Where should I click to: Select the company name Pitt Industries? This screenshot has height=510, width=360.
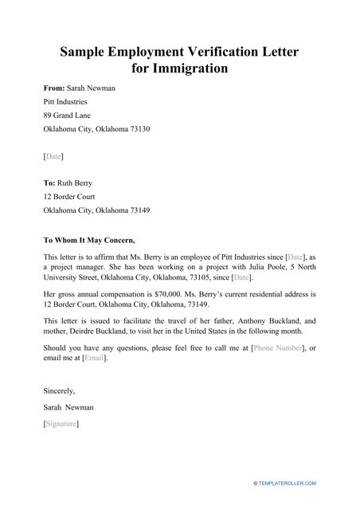click(x=65, y=102)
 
